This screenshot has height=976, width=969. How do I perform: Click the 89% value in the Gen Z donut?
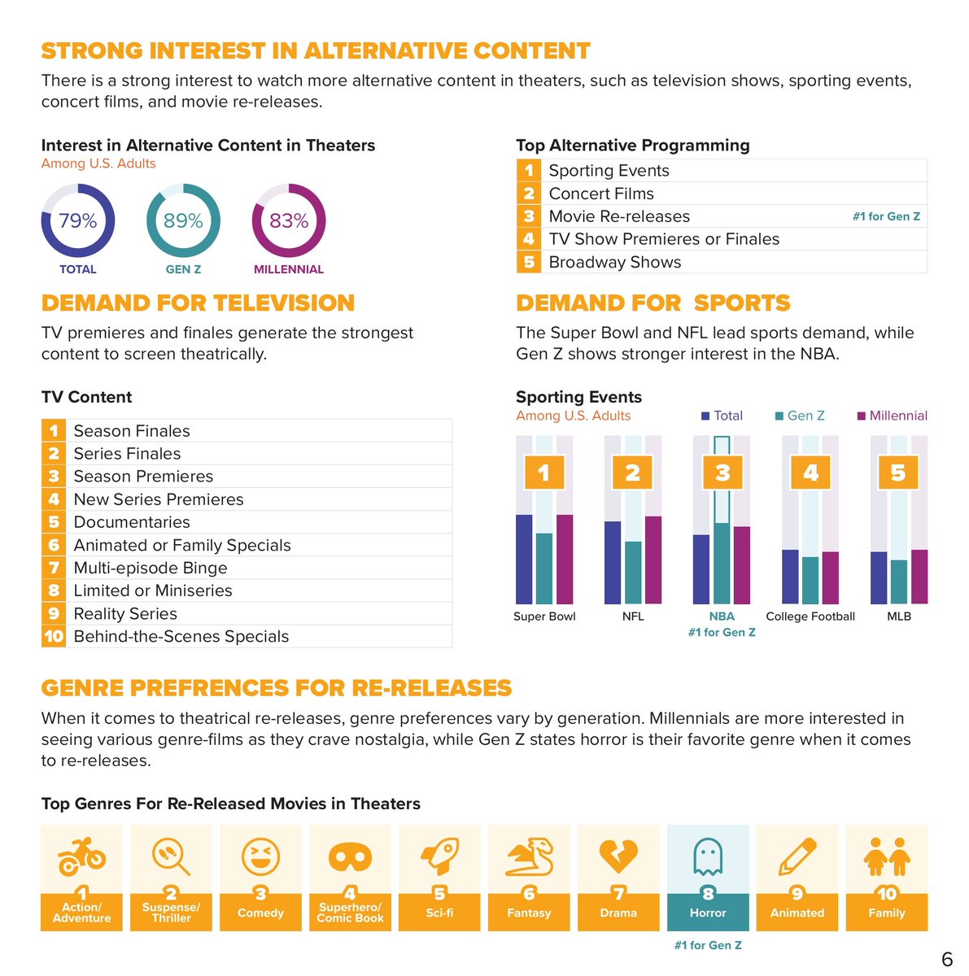(183, 221)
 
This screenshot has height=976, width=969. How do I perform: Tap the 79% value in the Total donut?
(78, 221)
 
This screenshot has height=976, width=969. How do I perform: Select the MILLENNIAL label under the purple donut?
(288, 269)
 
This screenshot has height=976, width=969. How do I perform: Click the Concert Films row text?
(601, 194)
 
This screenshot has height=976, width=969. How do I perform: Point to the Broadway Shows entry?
(614, 262)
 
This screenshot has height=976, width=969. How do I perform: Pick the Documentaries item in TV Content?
(132, 522)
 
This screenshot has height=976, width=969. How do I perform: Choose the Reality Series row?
(125, 613)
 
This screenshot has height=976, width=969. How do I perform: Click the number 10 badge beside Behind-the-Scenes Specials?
(54, 636)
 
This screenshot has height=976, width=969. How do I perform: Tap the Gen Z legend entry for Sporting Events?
(800, 416)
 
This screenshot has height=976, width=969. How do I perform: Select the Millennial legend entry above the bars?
(893, 416)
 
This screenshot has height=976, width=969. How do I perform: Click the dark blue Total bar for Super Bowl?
(524, 559)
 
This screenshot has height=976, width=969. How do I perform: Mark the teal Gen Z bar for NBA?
(722, 563)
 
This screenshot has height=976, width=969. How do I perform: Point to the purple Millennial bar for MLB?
(919, 577)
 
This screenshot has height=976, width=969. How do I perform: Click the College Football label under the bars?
(810, 617)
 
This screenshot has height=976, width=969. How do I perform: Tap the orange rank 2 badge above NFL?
(632, 473)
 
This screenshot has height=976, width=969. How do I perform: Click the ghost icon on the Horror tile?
(707, 856)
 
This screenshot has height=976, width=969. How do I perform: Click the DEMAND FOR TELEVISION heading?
(198, 303)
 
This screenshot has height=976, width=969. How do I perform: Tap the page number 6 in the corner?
(946, 960)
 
